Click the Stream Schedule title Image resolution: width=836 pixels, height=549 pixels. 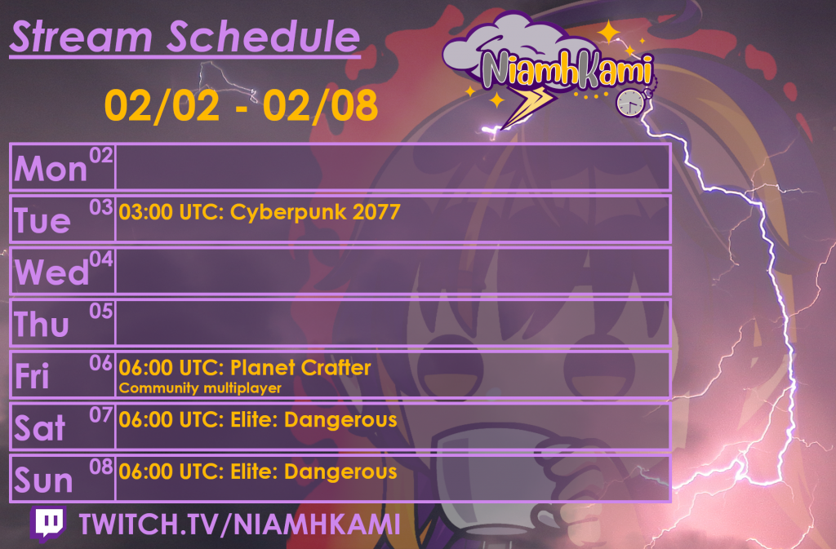tap(185, 37)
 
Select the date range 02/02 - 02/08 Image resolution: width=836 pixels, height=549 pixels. tap(241, 105)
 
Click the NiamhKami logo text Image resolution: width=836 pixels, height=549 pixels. tap(566, 70)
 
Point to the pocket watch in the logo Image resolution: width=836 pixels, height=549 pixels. tap(629, 102)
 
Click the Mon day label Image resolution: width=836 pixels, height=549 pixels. tap(51, 169)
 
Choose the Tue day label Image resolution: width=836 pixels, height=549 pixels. tap(42, 220)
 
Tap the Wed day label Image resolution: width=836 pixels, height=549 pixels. tap(51, 272)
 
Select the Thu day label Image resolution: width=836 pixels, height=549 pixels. tap(42, 325)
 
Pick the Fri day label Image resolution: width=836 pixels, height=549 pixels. tap(33, 376)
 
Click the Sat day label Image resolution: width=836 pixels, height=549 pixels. tap(40, 428)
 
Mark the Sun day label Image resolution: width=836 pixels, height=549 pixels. tap(43, 480)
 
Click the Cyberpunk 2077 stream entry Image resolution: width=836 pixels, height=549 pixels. tap(260, 213)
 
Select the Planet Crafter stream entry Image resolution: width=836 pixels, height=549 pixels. tap(245, 368)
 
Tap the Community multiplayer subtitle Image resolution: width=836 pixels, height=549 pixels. tap(200, 388)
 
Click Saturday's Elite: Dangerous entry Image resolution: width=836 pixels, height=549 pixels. tap(258, 420)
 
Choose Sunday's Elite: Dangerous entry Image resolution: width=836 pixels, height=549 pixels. tap(258, 472)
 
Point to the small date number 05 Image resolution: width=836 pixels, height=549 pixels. tap(101, 311)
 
